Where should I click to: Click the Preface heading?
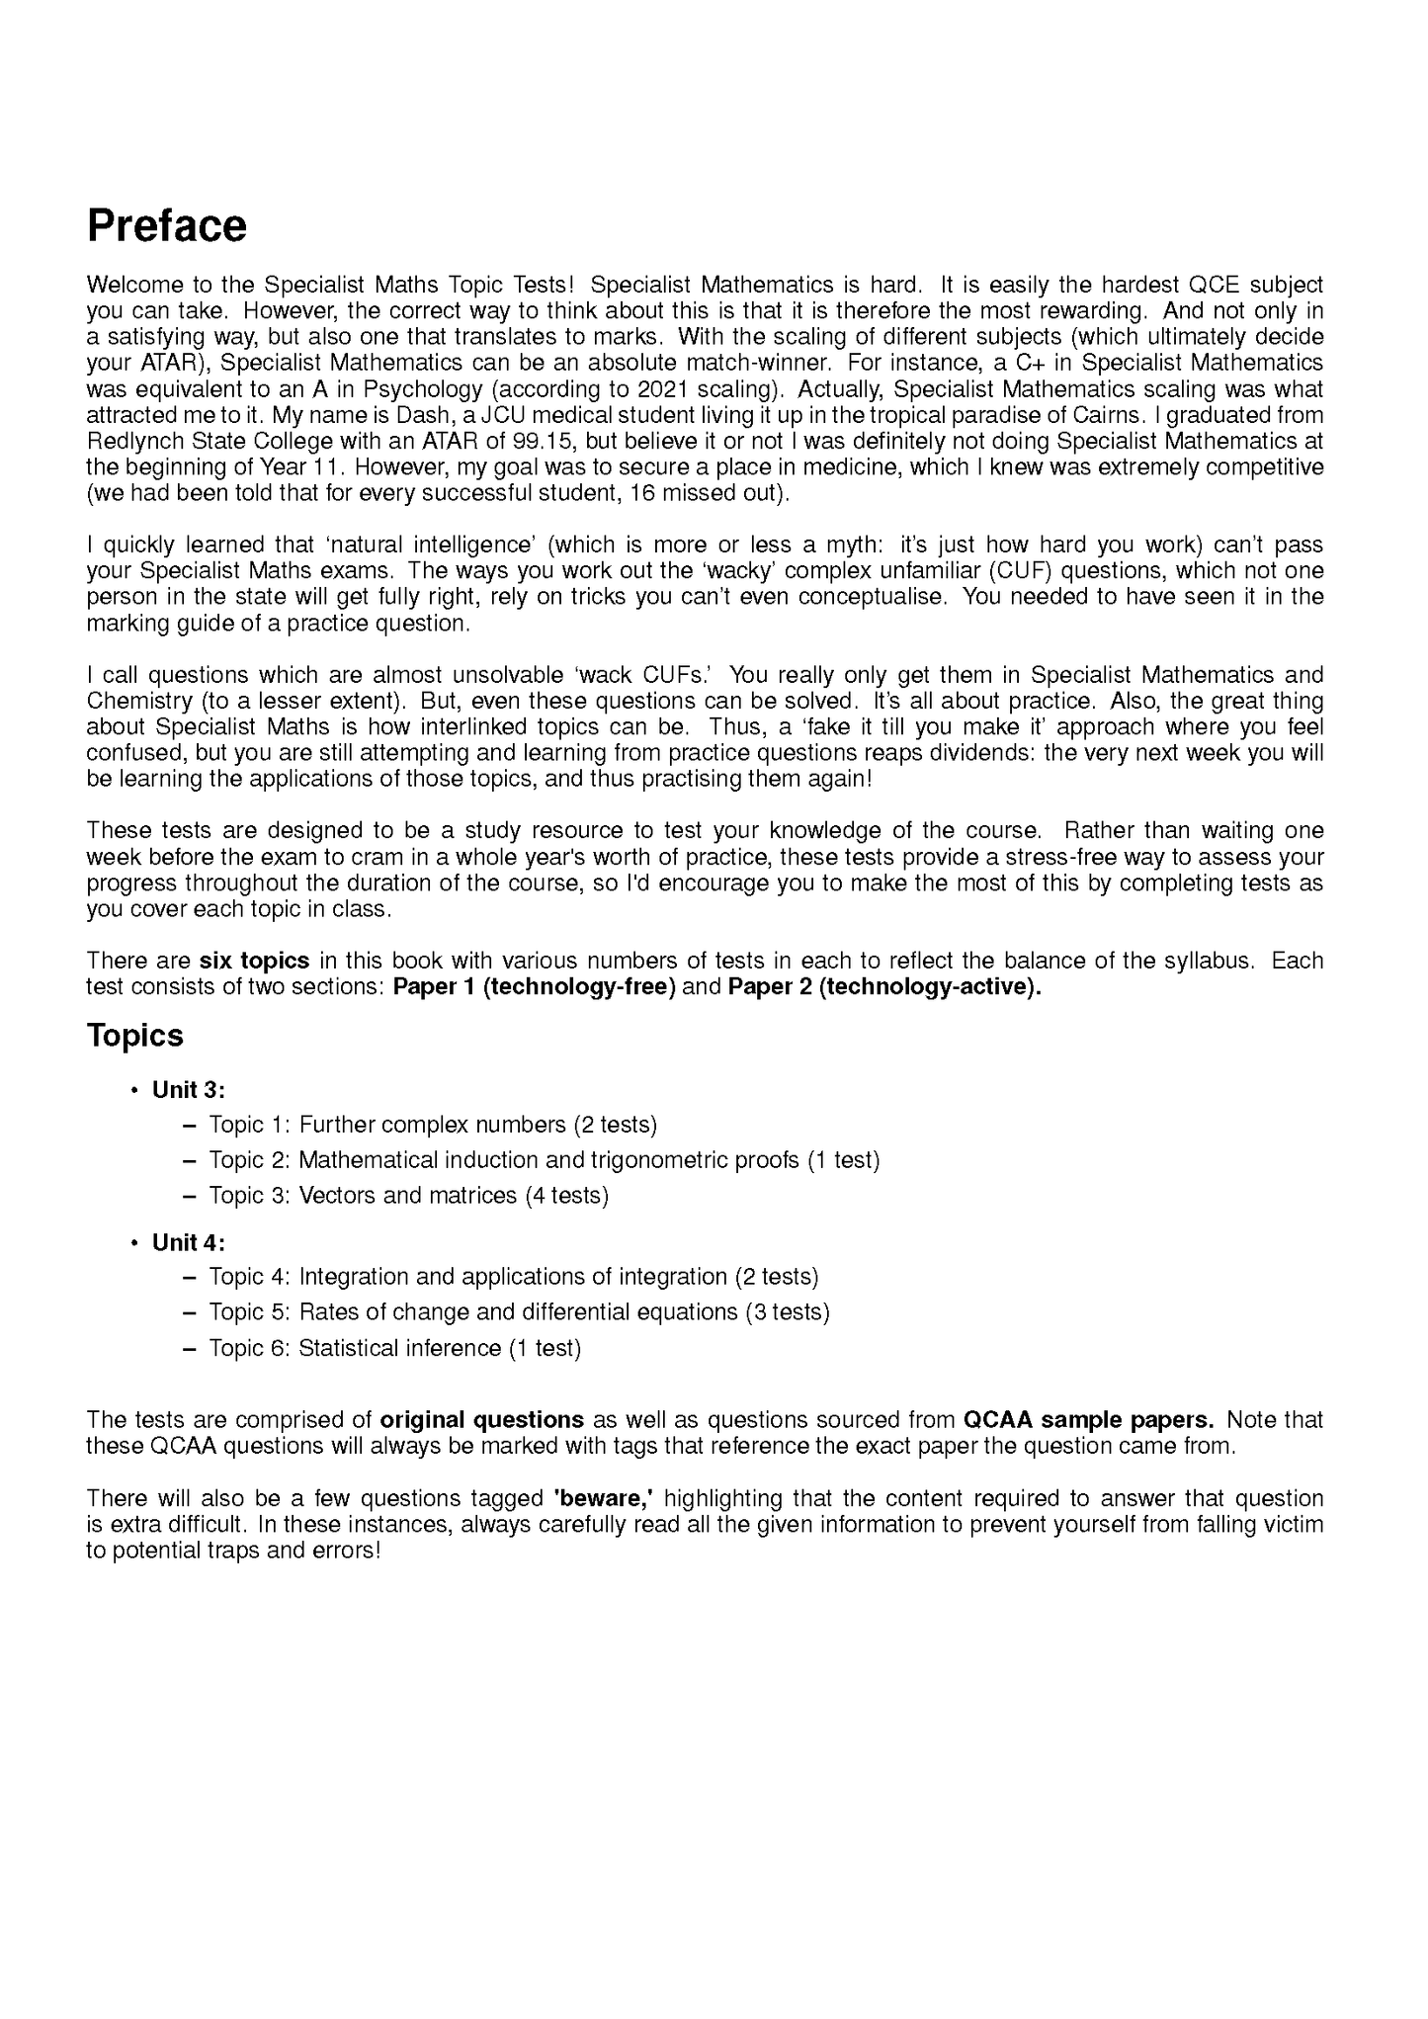(166, 226)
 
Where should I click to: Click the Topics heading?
(134, 1036)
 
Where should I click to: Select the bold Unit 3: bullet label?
(189, 1090)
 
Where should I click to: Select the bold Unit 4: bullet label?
(189, 1242)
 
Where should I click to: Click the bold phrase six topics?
(254, 961)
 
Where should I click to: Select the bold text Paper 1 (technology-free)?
(534, 987)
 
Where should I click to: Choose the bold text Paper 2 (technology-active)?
(884, 987)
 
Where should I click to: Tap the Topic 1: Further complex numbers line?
(432, 1125)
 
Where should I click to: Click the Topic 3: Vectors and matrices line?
(408, 1196)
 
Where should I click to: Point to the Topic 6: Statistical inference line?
(394, 1348)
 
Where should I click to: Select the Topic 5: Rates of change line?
(518, 1312)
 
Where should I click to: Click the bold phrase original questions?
(481, 1420)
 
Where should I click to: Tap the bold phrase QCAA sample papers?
(1088, 1420)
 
